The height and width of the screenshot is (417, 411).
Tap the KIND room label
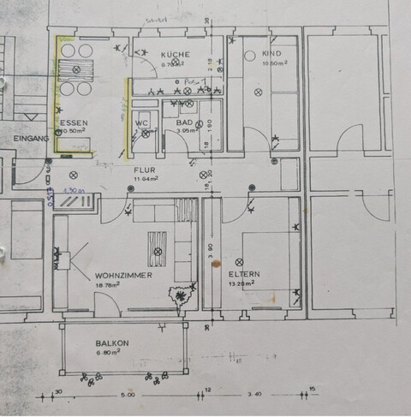click(271, 53)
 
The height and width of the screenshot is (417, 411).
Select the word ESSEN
click(74, 123)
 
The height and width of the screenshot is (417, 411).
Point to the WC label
click(142, 123)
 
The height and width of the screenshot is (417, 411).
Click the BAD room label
click(184, 122)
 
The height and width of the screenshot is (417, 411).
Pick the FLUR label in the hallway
click(143, 170)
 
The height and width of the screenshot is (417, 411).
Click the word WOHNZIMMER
click(124, 276)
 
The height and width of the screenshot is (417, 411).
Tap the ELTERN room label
click(244, 275)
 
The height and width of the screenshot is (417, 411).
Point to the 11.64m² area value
click(143, 179)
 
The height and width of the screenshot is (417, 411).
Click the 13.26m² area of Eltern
click(244, 283)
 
